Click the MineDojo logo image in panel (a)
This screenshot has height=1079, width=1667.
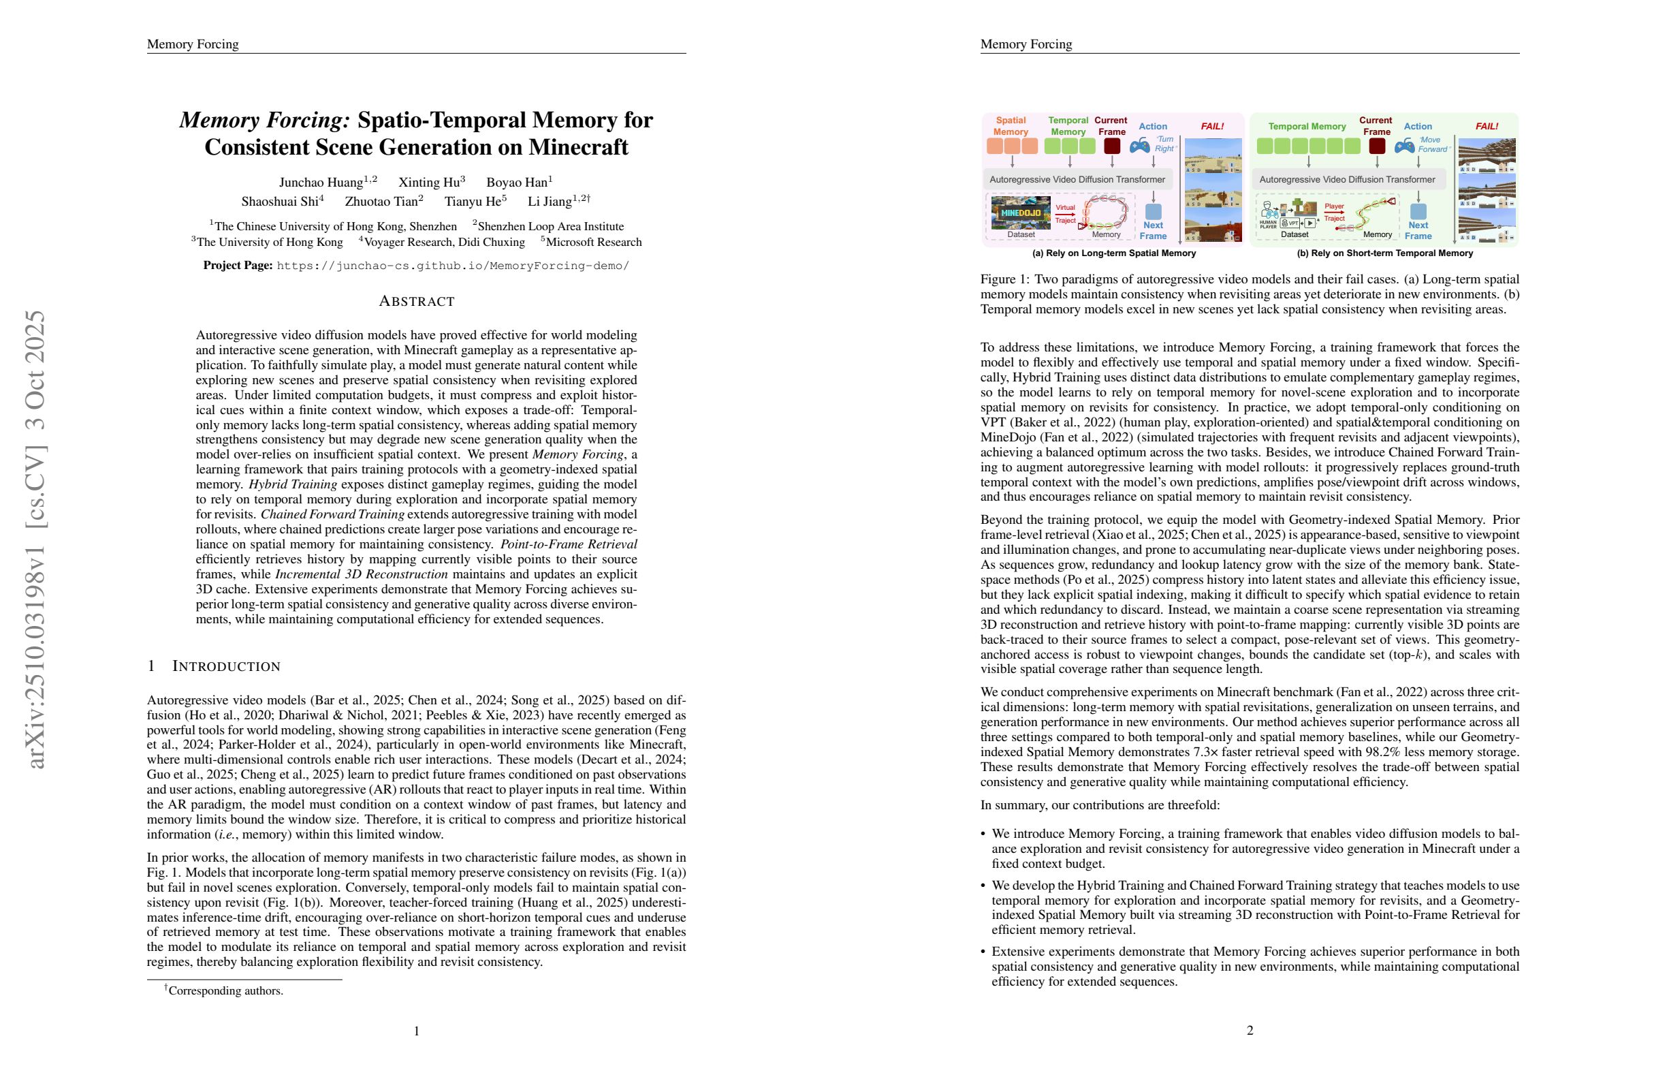pyautogui.click(x=1021, y=213)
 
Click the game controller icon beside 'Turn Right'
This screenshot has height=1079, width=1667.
pyautogui.click(x=1139, y=146)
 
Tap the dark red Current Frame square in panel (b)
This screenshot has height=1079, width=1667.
pyautogui.click(x=1376, y=146)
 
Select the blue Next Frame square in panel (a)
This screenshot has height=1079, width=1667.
pyautogui.click(x=1153, y=211)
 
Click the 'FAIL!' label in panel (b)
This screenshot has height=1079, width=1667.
pyautogui.click(x=1487, y=126)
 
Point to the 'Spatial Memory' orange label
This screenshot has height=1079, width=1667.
pyautogui.click(x=1011, y=126)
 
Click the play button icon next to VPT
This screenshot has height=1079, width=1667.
pyautogui.click(x=1308, y=223)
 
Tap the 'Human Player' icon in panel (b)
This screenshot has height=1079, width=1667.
pyautogui.click(x=1269, y=213)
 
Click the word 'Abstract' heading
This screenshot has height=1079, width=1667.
pyautogui.click(x=417, y=301)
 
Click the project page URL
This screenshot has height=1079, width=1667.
pyautogui.click(x=453, y=266)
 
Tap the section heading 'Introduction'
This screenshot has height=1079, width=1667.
pyautogui.click(x=225, y=666)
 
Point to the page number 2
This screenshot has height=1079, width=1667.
pyautogui.click(x=1250, y=1030)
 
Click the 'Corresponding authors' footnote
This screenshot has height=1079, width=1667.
pyautogui.click(x=225, y=990)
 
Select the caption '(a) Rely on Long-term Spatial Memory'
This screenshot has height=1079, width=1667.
pyautogui.click(x=1113, y=253)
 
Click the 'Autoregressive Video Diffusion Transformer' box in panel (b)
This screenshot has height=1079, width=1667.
pyautogui.click(x=1347, y=179)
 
